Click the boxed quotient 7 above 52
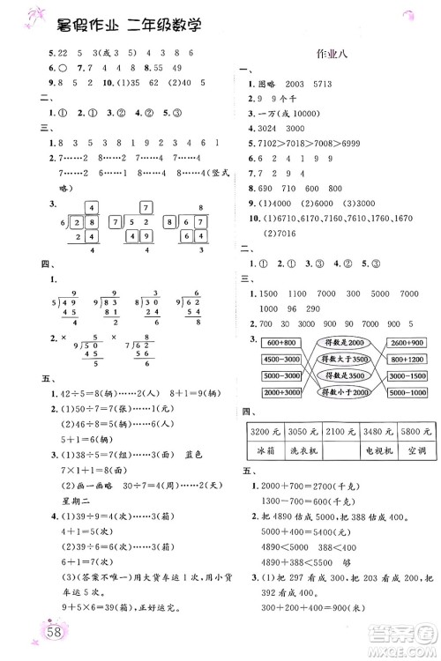(146, 209)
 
